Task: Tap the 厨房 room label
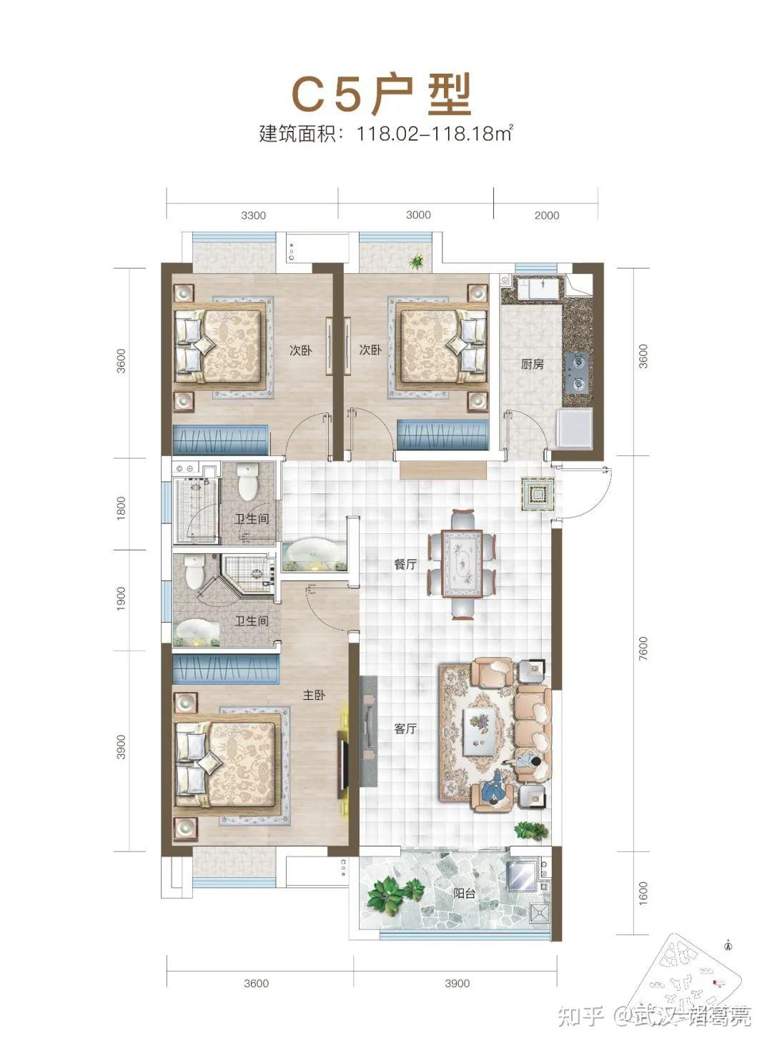[x=533, y=364]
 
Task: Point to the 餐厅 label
[x=405, y=564]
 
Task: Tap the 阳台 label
[x=465, y=893]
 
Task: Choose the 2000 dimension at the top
[x=547, y=215]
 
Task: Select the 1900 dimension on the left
[x=121, y=599]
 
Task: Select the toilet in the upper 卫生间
[x=249, y=481]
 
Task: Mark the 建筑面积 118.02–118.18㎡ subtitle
[x=386, y=134]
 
